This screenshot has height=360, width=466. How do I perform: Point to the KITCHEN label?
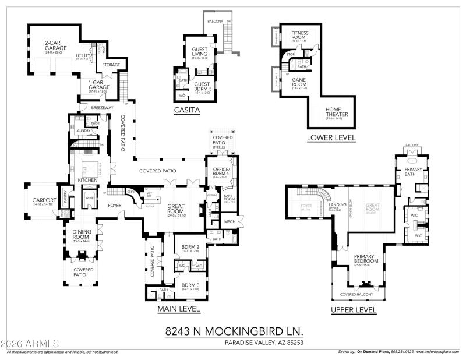(88, 180)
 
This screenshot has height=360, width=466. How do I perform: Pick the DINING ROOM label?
(82, 234)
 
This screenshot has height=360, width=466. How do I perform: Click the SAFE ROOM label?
(229, 197)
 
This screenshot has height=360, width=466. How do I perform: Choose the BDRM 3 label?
(190, 284)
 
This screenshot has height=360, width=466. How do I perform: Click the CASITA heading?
(187, 110)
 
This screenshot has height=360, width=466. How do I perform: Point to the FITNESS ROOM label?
(300, 35)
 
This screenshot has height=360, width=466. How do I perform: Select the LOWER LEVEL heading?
(331, 137)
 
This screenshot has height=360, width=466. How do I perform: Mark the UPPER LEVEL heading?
(352, 310)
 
